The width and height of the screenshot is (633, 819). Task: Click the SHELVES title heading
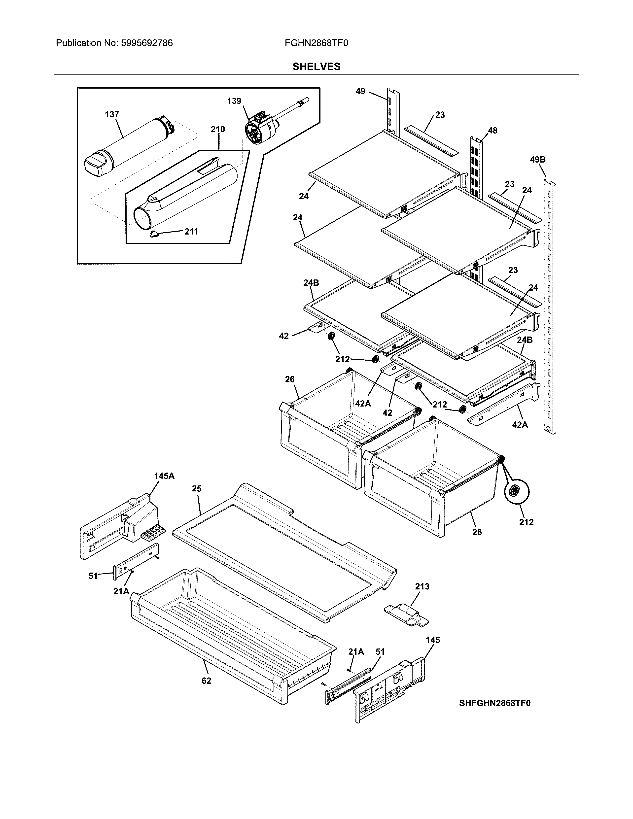pyautogui.click(x=316, y=67)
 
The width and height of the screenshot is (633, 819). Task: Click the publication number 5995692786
pyautogui.click(x=147, y=43)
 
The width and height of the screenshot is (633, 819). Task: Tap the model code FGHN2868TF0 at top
pyautogui.click(x=316, y=43)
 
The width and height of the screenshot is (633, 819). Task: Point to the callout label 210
pyautogui.click(x=217, y=129)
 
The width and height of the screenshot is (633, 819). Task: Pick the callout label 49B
pyautogui.click(x=537, y=160)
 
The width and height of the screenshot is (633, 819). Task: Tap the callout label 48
pyautogui.click(x=492, y=131)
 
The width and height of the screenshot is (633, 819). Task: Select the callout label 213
pyautogui.click(x=422, y=586)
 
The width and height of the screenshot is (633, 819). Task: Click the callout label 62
pyautogui.click(x=206, y=681)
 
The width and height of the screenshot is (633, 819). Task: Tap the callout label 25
pyautogui.click(x=197, y=489)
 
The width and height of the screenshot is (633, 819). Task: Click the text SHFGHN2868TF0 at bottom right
pyautogui.click(x=495, y=703)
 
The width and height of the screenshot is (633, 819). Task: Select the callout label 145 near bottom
pyautogui.click(x=432, y=640)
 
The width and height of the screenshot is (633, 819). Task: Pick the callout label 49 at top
pyautogui.click(x=360, y=91)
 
